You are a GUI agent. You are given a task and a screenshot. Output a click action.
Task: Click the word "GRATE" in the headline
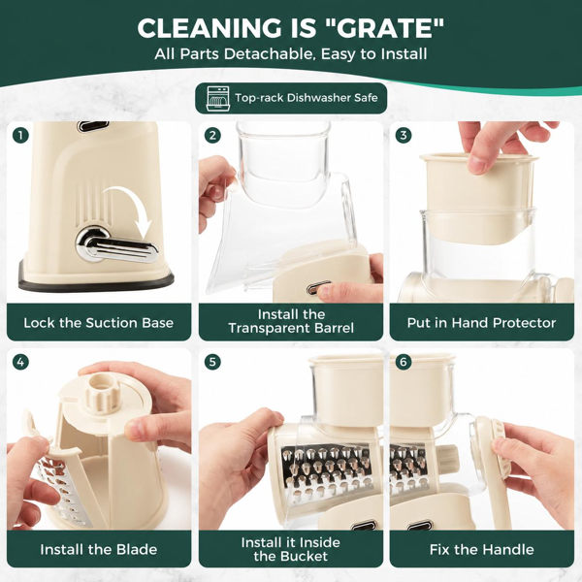pos(384,28)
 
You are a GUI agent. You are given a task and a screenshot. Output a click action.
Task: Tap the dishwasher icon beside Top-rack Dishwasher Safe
pos(218,98)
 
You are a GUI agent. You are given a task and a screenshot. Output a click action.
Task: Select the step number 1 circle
pos(20,135)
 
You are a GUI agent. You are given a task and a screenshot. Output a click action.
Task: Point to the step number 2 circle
pos(212,135)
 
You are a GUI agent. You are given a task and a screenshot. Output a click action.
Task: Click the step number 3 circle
pos(404,135)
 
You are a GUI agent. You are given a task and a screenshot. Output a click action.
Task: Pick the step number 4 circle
pos(20,362)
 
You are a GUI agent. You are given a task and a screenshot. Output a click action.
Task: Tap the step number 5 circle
pos(212,362)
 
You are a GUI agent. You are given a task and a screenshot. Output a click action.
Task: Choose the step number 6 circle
pos(404,362)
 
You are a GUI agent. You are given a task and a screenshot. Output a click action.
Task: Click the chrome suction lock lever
pos(115,246)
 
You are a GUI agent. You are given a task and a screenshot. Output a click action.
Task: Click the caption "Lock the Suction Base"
pos(98,323)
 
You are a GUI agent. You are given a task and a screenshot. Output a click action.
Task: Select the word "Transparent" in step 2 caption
pos(269,328)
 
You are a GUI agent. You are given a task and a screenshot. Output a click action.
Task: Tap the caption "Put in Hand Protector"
pos(481,323)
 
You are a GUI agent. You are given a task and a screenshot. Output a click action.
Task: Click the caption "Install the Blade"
pos(98,549)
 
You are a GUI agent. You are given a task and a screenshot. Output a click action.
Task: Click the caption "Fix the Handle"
pos(481,549)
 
